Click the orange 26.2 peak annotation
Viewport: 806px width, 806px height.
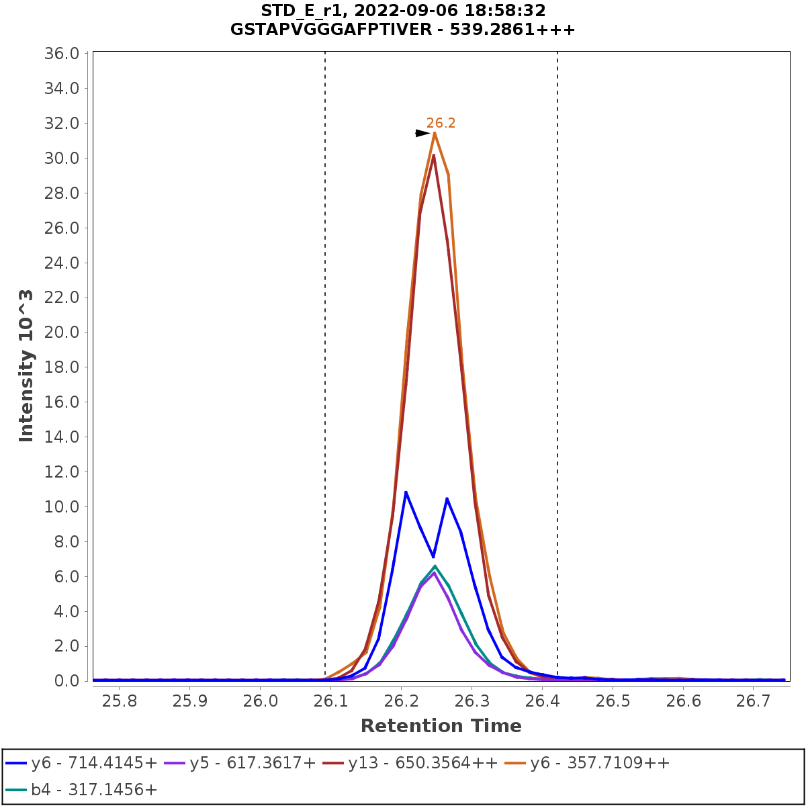click(x=441, y=123)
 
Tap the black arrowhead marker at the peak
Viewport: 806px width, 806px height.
click(x=422, y=133)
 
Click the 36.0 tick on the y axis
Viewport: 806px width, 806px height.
click(x=62, y=54)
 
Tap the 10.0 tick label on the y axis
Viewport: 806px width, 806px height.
click(x=62, y=506)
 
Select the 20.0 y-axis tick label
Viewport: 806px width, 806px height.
click(x=62, y=332)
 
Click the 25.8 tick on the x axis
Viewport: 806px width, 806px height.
click(x=119, y=701)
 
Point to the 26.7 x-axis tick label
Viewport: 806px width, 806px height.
click(x=754, y=701)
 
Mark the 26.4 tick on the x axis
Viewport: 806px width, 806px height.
click(x=542, y=701)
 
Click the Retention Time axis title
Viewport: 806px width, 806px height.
click(x=441, y=726)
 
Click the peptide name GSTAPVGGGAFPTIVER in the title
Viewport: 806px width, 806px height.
click(x=361, y=30)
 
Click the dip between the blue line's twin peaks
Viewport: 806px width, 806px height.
click(x=434, y=556)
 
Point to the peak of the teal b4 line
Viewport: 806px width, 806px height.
click(x=435, y=566)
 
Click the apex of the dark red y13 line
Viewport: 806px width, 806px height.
click(x=434, y=155)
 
